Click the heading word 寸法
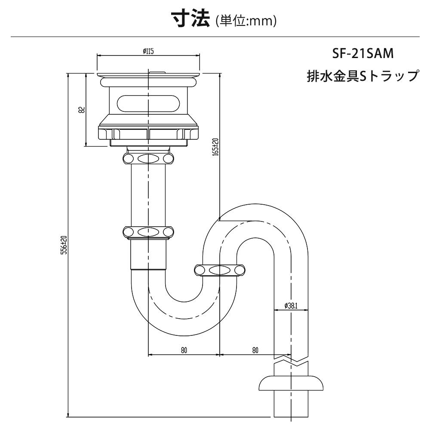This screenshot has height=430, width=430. pyautogui.click(x=190, y=19)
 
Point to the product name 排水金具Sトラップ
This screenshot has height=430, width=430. pyautogui.click(x=362, y=76)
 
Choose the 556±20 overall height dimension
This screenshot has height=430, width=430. pyautogui.click(x=64, y=246)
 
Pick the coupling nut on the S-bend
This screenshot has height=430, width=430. pyautogui.click(x=220, y=270)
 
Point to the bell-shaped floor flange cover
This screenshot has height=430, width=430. pyautogui.click(x=291, y=383)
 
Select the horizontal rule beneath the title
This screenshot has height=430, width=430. pyautogui.click(x=215, y=37)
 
